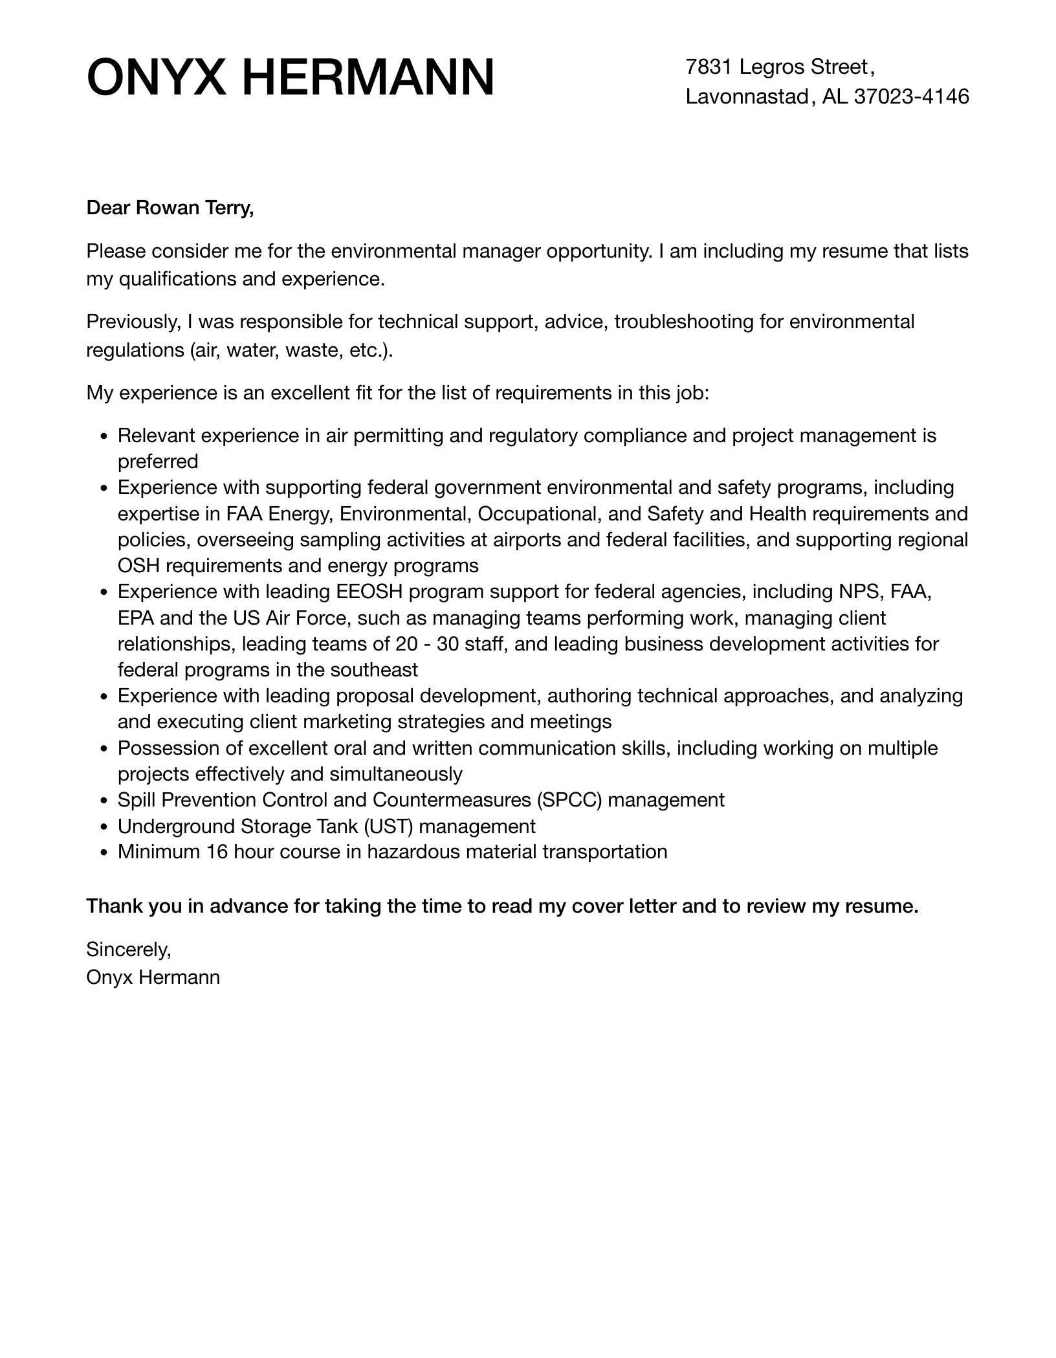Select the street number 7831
(709, 67)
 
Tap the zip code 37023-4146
(912, 96)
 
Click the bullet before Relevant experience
(104, 436)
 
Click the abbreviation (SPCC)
(569, 800)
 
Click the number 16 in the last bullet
(217, 852)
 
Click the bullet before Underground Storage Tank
(104, 827)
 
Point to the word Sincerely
(128, 950)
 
